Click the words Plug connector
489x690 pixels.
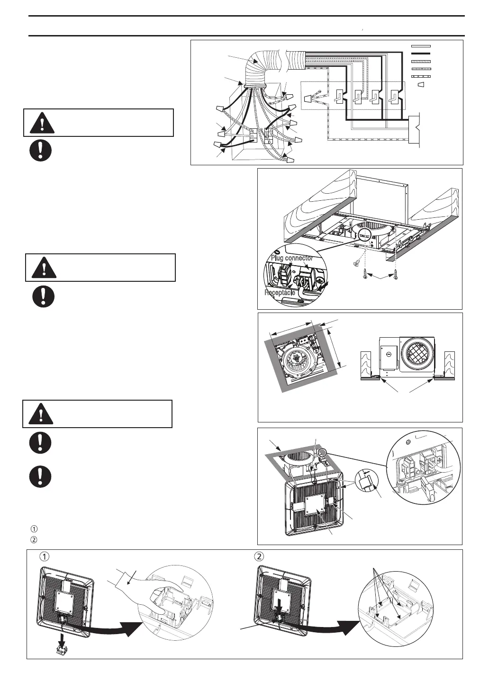292,258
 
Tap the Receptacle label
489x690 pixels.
280,293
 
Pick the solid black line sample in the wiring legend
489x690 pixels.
421,54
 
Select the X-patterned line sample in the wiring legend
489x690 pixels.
421,76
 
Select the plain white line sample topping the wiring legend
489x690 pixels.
421,46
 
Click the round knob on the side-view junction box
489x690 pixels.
388,353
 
